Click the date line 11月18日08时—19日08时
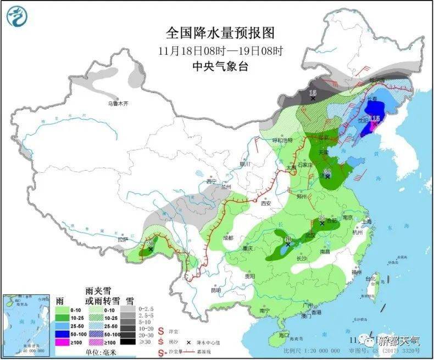(219, 52)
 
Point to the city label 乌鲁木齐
(118, 103)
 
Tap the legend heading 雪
(130, 300)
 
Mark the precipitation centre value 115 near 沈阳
(375, 119)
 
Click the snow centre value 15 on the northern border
(313, 92)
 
